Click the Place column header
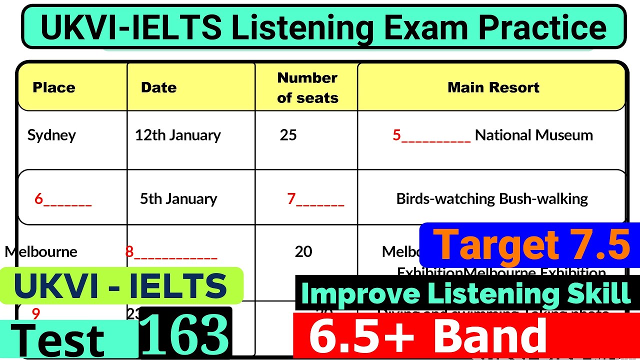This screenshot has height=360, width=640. (54, 87)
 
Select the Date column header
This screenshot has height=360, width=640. (158, 87)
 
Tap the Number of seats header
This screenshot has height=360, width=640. (307, 87)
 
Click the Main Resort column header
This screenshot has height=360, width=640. (493, 87)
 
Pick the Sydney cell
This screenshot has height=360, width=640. (51, 135)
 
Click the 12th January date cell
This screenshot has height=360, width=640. (177, 135)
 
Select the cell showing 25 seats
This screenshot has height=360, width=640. (288, 135)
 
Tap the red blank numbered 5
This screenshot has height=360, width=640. (431, 135)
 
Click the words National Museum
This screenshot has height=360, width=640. (533, 135)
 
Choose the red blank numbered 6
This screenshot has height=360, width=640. (63, 199)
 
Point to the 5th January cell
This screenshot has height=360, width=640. (178, 199)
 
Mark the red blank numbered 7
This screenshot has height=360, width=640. (315, 199)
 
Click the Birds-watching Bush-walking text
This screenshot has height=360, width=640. (492, 199)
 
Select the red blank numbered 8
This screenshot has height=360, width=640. (171, 252)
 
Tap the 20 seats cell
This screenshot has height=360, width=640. (303, 251)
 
